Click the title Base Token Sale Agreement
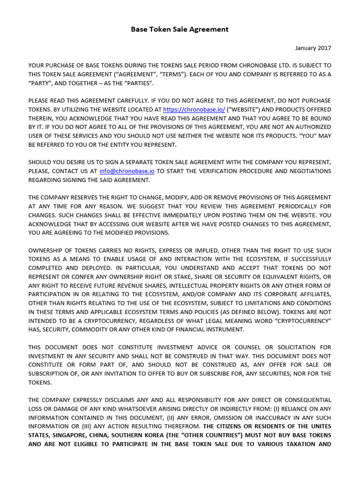click(x=180, y=29)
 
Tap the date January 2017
click(x=313, y=48)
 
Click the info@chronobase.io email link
click(x=127, y=171)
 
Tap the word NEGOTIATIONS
click(x=308, y=171)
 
